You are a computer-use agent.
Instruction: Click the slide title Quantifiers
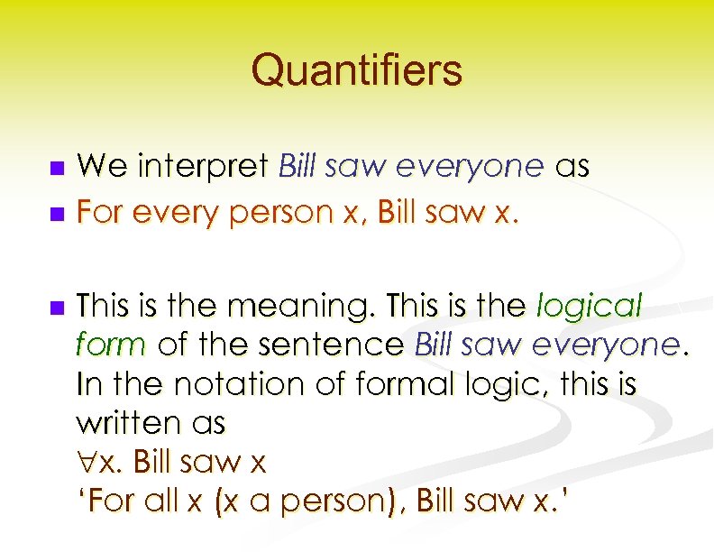[356, 69]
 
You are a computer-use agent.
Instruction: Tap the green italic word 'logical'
[589, 308]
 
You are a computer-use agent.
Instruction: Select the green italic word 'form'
[112, 345]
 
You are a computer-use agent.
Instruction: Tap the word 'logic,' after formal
[499, 385]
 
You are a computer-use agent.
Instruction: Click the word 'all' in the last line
[163, 501]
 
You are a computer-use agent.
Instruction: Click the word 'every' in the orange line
[167, 215]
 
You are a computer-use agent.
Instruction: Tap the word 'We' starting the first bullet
[101, 167]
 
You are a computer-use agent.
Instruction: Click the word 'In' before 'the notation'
[90, 384]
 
